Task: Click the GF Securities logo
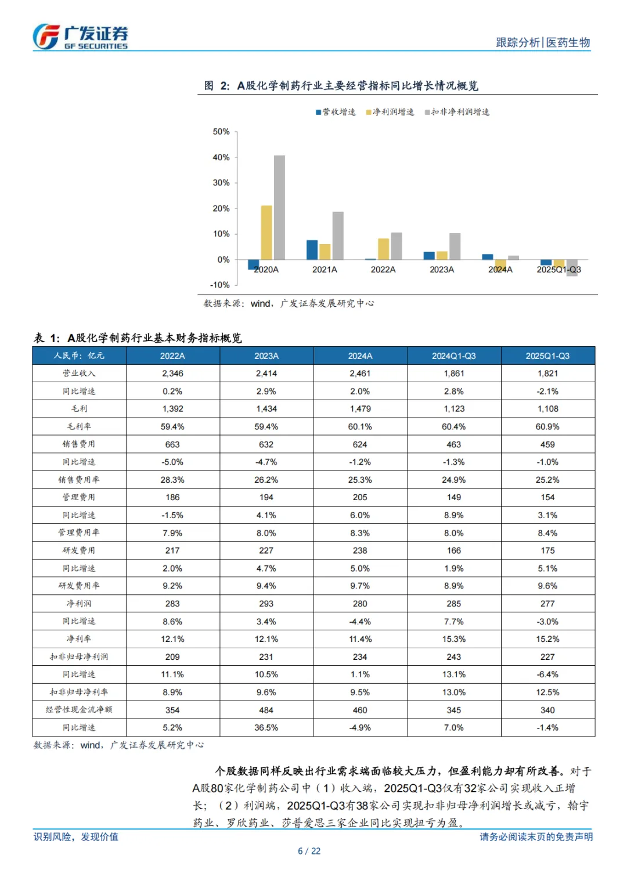point(80,37)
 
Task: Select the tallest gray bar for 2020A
point(279,207)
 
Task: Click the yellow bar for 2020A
point(266,232)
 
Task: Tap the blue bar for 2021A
point(312,250)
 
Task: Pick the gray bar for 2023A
point(455,246)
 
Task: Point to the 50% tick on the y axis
point(221,132)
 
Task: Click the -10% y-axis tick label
point(220,285)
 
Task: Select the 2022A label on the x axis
point(383,270)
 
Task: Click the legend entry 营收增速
point(336,112)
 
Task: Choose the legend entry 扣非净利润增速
point(457,112)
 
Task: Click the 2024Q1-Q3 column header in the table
point(454,355)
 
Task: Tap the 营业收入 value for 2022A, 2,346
point(172,374)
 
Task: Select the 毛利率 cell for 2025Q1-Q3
point(547,426)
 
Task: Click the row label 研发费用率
point(79,586)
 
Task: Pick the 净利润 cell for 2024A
point(360,604)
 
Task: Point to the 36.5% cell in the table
point(266,727)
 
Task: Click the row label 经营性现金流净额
point(79,710)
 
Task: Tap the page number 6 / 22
point(309,851)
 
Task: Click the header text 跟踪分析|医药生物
point(542,42)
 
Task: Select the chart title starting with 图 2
point(341,86)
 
